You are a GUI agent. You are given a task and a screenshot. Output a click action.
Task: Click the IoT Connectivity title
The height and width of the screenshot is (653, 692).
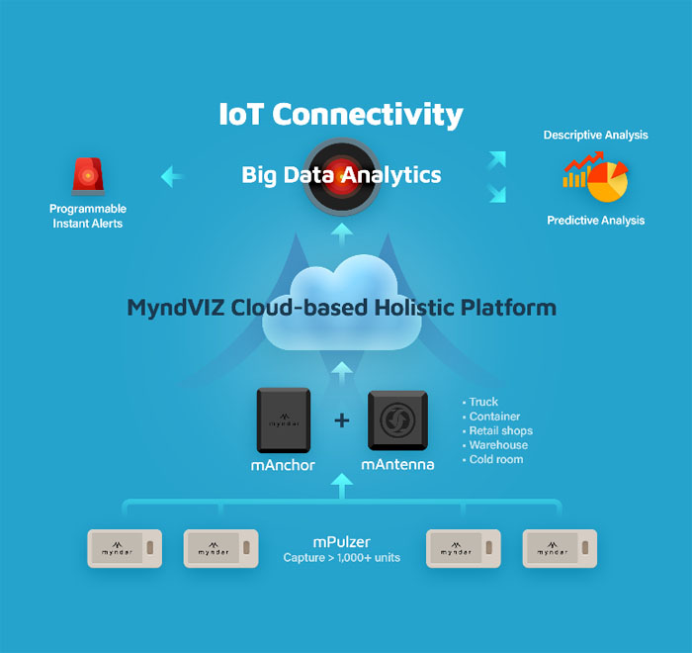pyautogui.click(x=341, y=114)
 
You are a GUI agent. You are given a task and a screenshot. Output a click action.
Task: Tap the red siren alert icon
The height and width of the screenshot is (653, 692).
pyautogui.click(x=88, y=176)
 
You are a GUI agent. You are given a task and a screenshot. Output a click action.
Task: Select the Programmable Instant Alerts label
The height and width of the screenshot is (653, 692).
pyautogui.click(x=88, y=216)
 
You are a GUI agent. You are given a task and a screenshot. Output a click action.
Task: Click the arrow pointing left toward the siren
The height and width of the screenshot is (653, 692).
pyautogui.click(x=172, y=177)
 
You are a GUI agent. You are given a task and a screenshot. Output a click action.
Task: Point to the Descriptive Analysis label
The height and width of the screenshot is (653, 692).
pyautogui.click(x=595, y=135)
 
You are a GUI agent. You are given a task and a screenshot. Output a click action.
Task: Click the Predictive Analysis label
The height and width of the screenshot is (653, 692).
pyautogui.click(x=596, y=220)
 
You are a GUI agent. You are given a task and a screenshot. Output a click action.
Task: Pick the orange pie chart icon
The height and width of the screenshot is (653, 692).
pyautogui.click(x=608, y=182)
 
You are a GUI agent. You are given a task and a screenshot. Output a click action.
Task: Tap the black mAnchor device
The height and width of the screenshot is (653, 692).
pyautogui.click(x=284, y=420)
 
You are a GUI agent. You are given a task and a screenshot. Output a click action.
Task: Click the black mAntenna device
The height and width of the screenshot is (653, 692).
pyautogui.click(x=397, y=420)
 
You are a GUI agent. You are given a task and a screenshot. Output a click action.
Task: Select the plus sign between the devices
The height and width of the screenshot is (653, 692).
pyautogui.click(x=342, y=420)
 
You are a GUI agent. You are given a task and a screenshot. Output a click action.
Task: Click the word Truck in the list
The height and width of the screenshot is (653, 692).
pyautogui.click(x=483, y=402)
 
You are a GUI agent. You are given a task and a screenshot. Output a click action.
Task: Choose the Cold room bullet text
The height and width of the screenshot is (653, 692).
pyautogui.click(x=496, y=459)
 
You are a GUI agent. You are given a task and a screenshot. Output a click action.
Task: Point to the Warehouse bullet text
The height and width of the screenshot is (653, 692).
pyautogui.click(x=498, y=445)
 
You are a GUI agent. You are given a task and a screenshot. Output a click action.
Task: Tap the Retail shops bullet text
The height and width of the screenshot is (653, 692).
pyautogui.click(x=501, y=430)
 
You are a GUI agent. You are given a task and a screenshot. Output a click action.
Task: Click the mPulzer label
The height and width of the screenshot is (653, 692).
pyautogui.click(x=342, y=542)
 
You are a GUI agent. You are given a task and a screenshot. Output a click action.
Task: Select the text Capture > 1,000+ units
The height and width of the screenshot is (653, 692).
pyautogui.click(x=342, y=558)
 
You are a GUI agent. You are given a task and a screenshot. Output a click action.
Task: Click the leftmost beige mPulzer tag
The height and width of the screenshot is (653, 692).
pyautogui.click(x=125, y=548)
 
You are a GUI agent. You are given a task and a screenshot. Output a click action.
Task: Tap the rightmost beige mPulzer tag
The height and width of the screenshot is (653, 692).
pyautogui.click(x=560, y=548)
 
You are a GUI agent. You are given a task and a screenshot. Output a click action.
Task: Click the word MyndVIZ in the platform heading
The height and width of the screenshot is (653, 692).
pyautogui.click(x=176, y=308)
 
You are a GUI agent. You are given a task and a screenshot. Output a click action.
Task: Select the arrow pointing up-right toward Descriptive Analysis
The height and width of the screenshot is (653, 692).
pyautogui.click(x=497, y=160)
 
